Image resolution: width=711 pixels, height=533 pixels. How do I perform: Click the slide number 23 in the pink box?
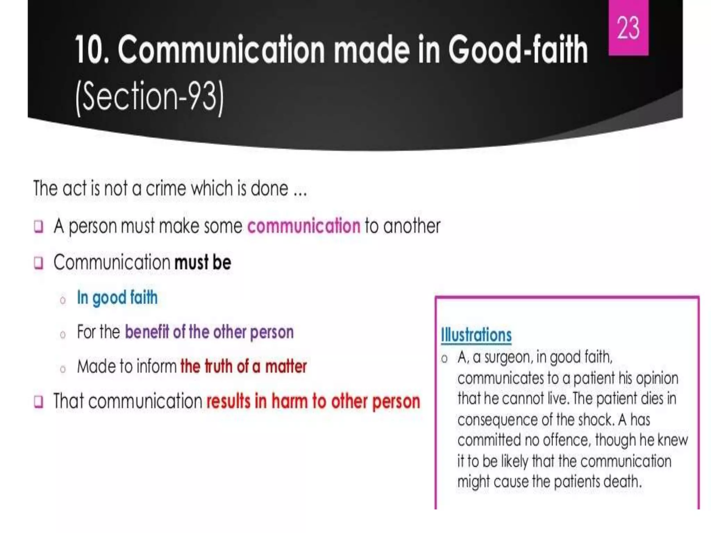coord(628,28)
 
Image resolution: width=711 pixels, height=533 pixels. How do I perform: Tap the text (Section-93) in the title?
coord(150,96)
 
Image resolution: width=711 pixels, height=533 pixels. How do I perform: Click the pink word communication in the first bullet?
coord(304,226)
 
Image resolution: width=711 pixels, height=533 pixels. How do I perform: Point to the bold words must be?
coord(203,262)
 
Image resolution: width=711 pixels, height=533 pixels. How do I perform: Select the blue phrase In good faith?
coord(117,298)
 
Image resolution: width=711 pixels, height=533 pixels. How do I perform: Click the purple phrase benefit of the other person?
coord(209,332)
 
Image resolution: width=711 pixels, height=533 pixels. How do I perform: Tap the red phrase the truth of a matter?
coord(244,366)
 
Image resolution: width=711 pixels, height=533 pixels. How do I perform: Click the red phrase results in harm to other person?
coord(313,401)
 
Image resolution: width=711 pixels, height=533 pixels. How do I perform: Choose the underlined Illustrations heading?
coord(476,335)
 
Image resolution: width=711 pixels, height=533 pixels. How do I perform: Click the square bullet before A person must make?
coord(39,227)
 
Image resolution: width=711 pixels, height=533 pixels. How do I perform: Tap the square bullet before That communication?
coord(39,402)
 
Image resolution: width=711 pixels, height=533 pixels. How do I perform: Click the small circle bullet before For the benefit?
coord(63,335)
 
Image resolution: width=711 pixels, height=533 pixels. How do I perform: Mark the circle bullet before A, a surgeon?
coord(444,359)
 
